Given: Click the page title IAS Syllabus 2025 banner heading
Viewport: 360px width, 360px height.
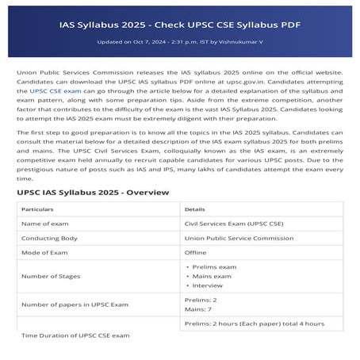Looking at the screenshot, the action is [x=180, y=24].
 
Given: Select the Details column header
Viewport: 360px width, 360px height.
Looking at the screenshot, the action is [x=195, y=209].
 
